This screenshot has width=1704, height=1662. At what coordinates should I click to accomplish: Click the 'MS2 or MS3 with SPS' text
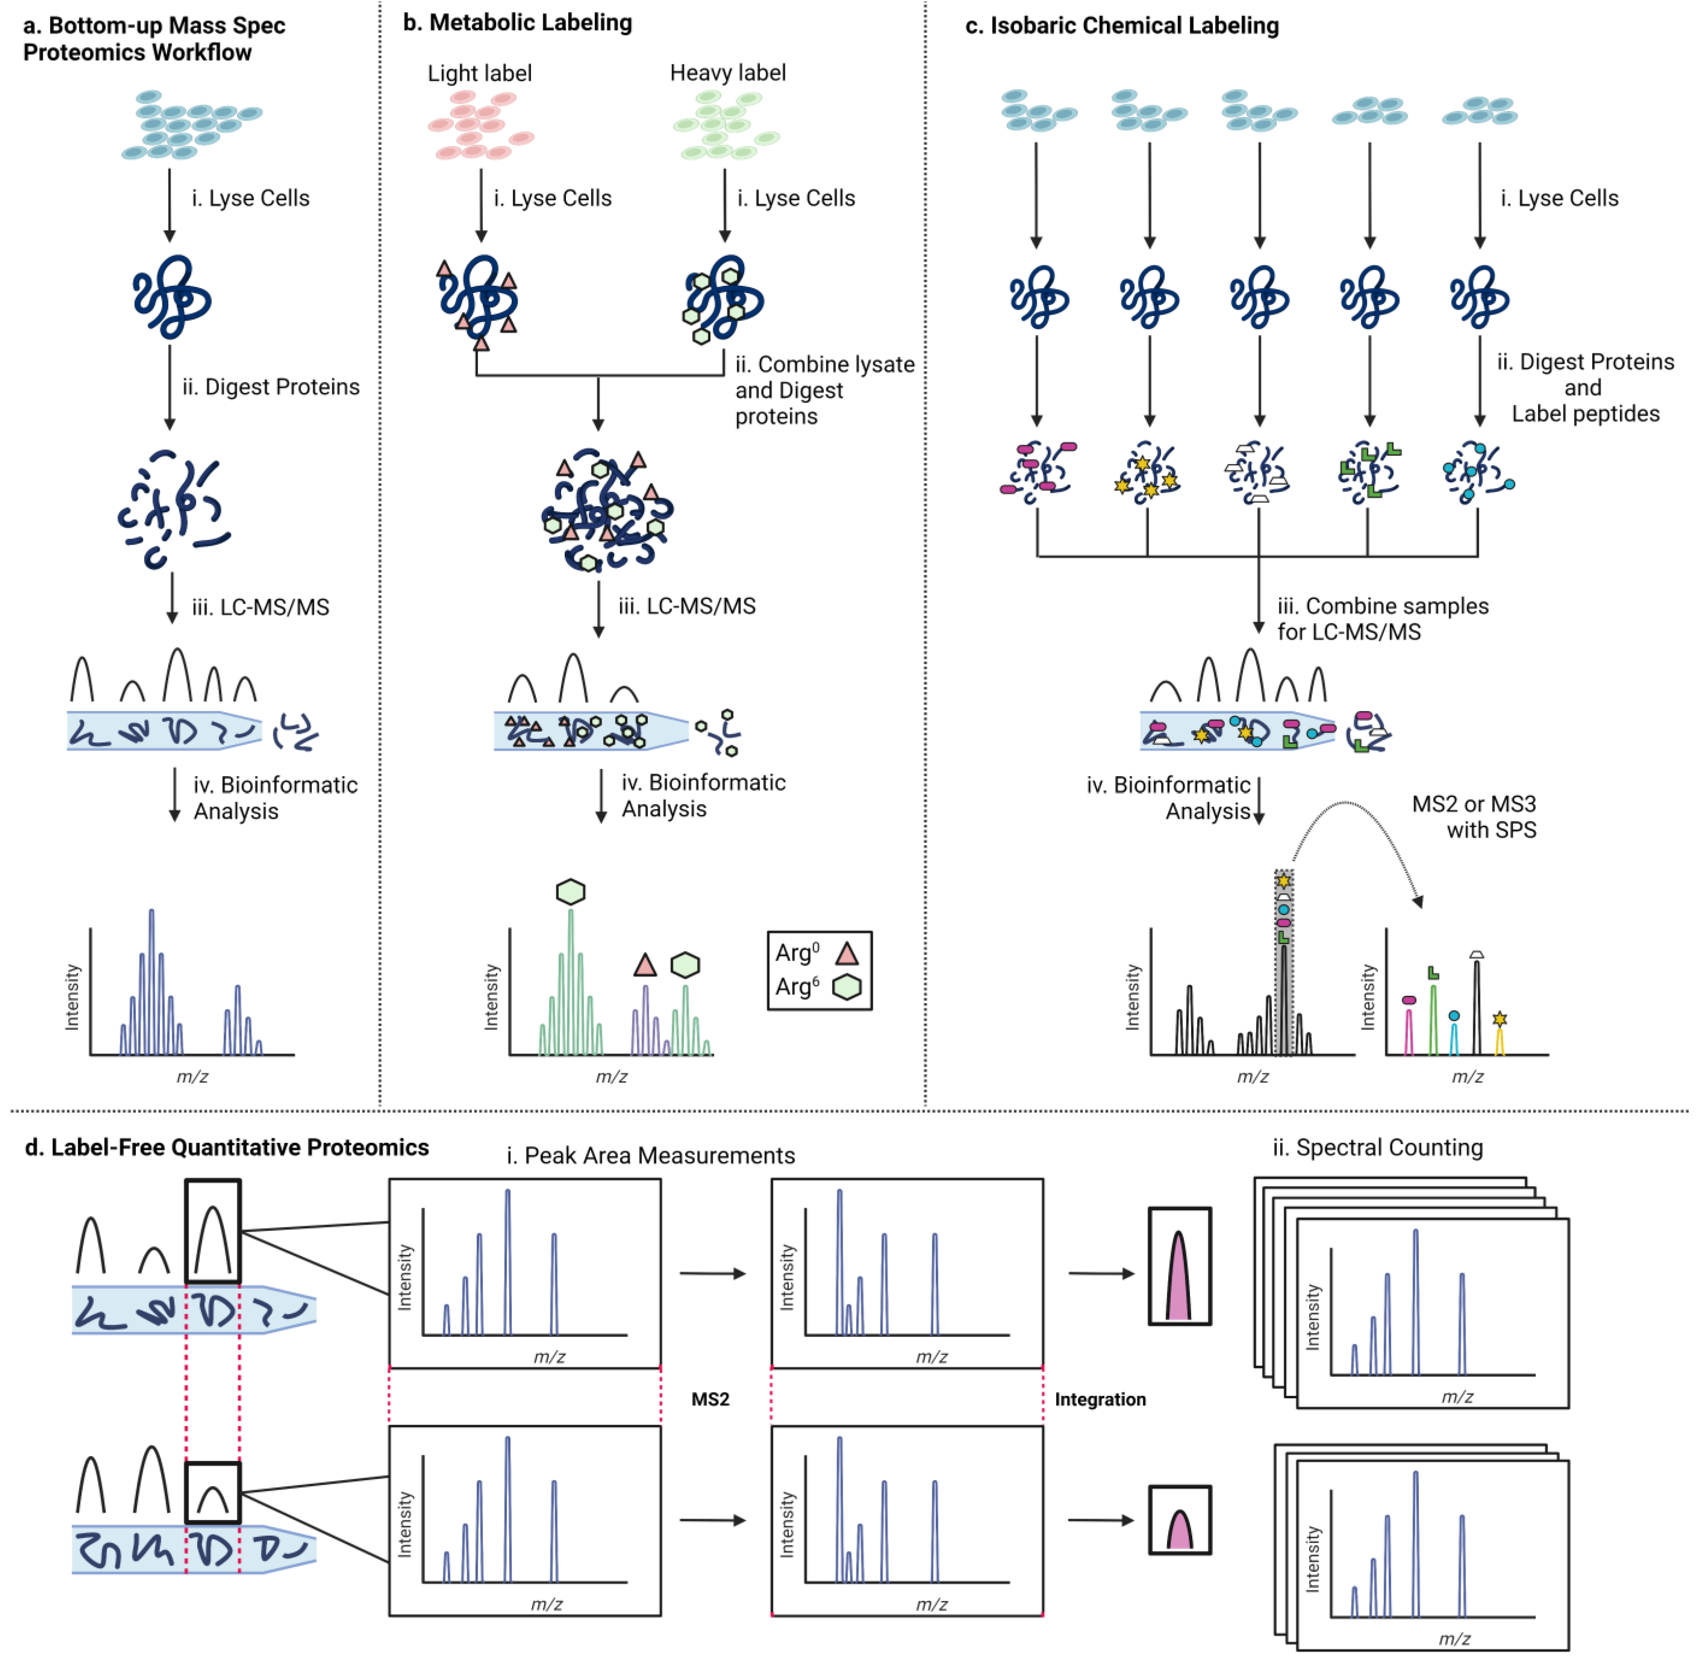(1475, 817)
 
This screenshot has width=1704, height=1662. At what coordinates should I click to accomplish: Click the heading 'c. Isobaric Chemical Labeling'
(1122, 25)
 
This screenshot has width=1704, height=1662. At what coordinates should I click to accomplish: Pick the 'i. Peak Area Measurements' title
(651, 1156)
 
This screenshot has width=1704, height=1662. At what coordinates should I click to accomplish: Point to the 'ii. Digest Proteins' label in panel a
(270, 387)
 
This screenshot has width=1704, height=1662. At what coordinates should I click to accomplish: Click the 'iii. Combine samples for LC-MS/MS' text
(1383, 619)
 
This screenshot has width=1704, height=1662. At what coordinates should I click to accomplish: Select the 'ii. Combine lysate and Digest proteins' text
(824, 390)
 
